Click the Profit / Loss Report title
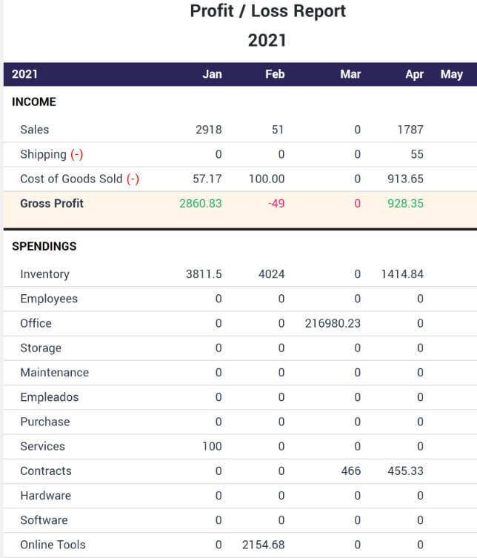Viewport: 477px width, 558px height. (267, 11)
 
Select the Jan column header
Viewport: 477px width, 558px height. (212, 74)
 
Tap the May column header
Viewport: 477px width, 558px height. (451, 74)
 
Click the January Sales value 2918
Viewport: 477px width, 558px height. (208, 130)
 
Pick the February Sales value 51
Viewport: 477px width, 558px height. (278, 130)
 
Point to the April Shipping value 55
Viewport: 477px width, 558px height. (416, 154)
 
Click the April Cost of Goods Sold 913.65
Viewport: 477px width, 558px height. (405, 179)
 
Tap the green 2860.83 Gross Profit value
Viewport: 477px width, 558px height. (200, 203)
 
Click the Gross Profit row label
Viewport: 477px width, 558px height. (52, 203)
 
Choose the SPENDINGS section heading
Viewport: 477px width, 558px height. (44, 246)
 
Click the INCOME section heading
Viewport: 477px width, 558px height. (34, 102)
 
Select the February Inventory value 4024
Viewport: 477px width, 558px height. (270, 274)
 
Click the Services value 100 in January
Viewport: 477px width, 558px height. (212, 446)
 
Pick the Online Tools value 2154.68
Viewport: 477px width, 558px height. (263, 545)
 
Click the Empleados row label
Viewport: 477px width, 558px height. (49, 397)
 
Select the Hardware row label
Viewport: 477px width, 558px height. (45, 495)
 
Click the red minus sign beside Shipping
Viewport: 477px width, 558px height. (76, 154)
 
